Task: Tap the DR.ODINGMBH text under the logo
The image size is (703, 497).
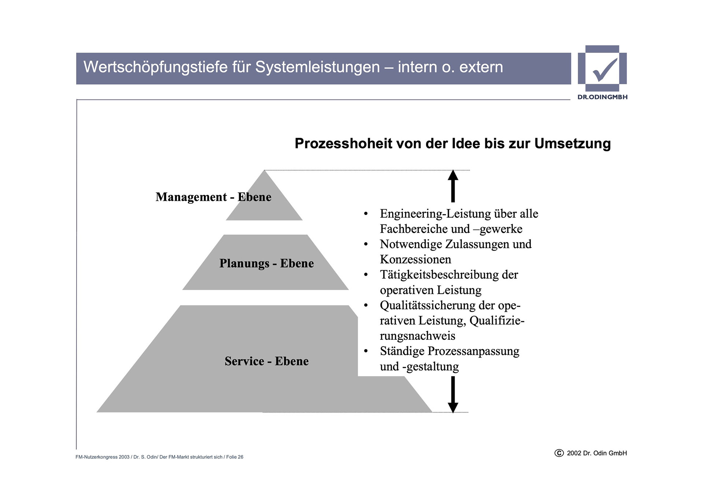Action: [602, 97]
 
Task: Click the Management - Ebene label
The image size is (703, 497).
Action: [213, 197]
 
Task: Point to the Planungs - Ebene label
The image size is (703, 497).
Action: [266, 263]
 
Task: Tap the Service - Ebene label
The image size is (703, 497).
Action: [266, 361]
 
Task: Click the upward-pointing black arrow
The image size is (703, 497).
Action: [453, 186]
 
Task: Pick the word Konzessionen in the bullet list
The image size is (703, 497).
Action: [415, 259]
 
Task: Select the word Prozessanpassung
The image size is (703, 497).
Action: [473, 351]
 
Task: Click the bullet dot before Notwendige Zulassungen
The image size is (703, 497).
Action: [365, 244]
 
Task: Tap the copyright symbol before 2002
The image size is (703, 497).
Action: [559, 453]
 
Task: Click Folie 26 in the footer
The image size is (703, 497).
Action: [235, 457]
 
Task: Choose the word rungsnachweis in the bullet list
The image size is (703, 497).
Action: [417, 336]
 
